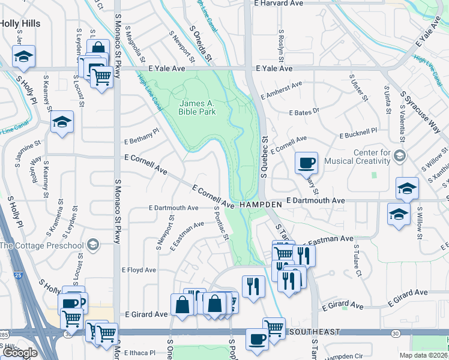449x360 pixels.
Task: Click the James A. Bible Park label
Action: [196, 107]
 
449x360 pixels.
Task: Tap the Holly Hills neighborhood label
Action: [20, 23]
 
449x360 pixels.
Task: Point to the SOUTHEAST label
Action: [314, 332]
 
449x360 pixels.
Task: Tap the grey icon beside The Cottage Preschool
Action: [92, 245]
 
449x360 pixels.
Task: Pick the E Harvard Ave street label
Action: [279, 4]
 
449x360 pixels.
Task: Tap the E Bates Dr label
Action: [306, 113]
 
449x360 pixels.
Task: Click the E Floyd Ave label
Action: [139, 270]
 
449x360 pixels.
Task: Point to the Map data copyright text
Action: [423, 355]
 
